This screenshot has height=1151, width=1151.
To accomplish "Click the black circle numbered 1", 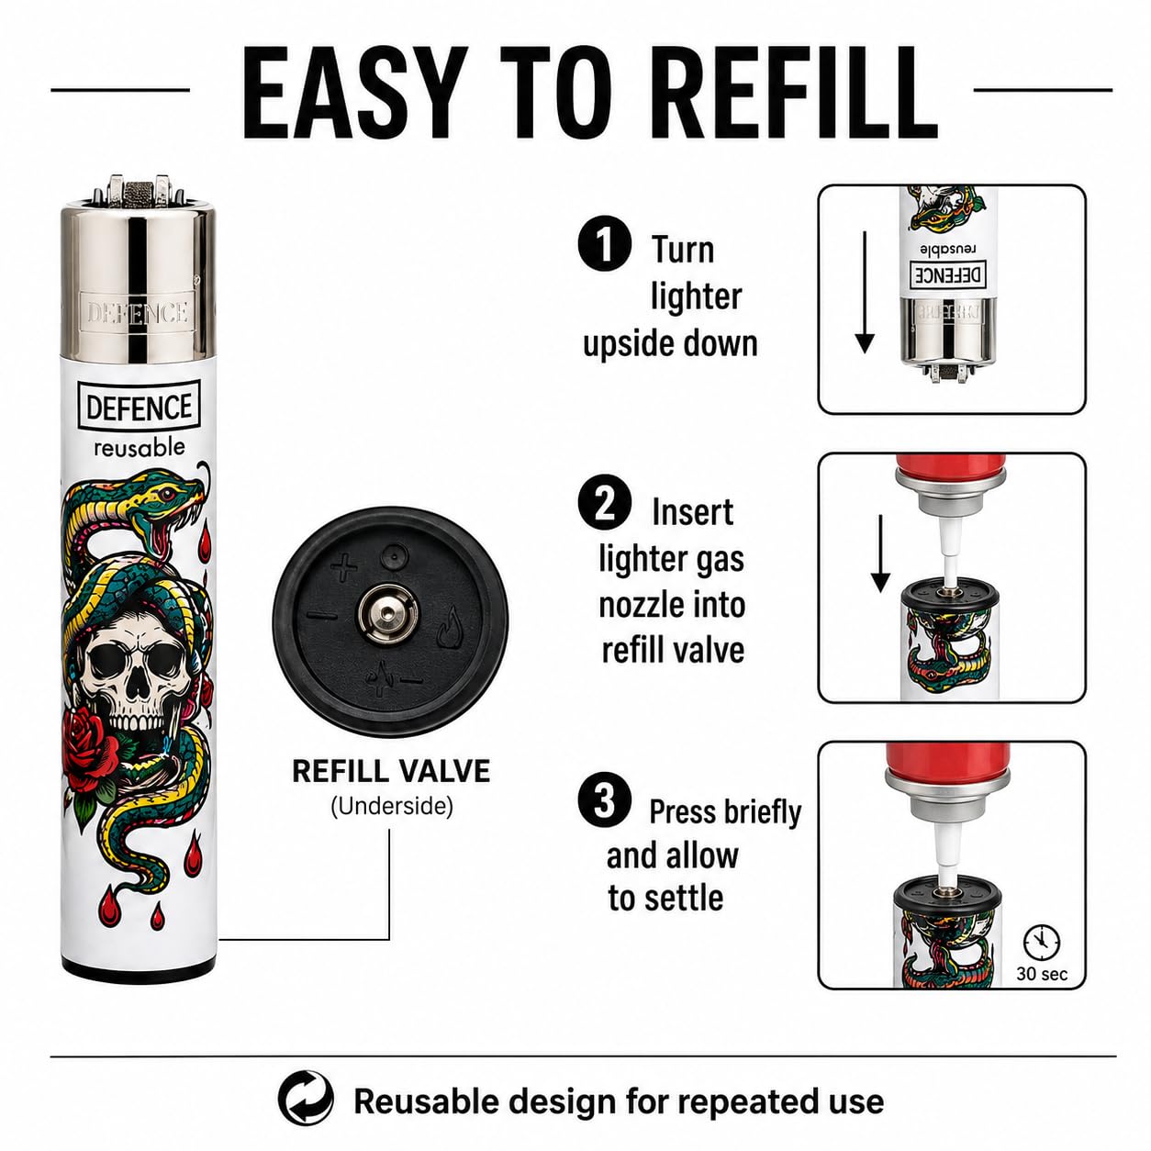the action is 605,244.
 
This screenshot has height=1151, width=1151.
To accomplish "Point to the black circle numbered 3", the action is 605,799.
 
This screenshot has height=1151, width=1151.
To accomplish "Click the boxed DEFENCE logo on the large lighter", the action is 139,407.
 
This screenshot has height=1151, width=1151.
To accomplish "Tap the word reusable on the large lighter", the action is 140,447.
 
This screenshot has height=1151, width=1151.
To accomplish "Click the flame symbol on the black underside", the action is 449,627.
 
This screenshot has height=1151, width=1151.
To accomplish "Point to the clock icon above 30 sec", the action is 1042,943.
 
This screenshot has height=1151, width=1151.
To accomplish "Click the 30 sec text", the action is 1042,974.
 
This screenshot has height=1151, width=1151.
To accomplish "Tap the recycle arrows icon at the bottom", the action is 306,1099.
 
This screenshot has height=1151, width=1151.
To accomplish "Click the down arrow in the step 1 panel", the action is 865,292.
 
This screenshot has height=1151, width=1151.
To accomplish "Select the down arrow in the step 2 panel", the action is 880,553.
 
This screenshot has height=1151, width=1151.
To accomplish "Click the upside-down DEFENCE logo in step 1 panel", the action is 948,274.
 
